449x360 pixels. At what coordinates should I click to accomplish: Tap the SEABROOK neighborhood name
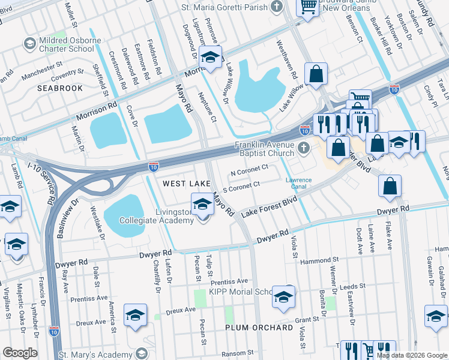pos(59,88)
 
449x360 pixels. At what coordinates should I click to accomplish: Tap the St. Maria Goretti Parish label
pos(225,8)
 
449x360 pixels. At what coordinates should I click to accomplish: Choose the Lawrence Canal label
pos(298,183)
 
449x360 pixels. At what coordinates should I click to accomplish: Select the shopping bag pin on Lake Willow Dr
pos(316,75)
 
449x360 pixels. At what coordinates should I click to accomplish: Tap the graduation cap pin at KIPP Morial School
pos(283,298)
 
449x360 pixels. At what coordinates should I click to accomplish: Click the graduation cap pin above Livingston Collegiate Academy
pos(202,205)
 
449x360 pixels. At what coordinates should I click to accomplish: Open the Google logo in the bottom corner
pos(20,353)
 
